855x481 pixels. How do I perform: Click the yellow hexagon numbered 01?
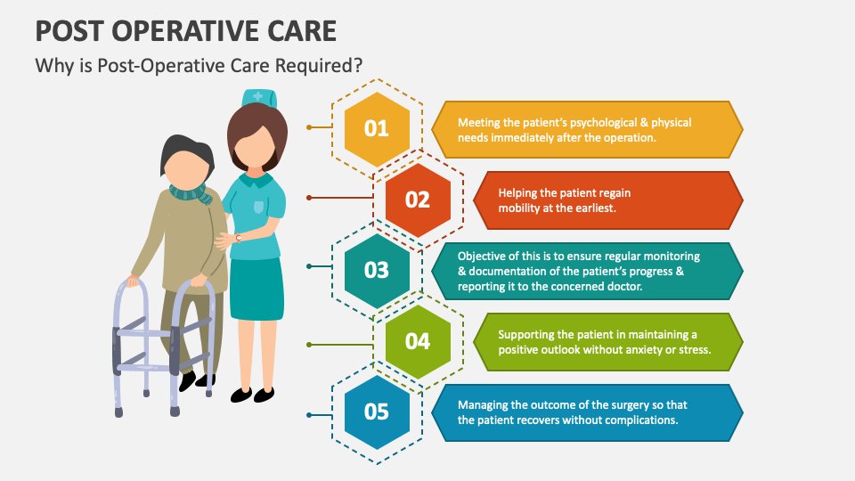[377, 128]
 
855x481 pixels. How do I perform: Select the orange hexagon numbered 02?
[418, 200]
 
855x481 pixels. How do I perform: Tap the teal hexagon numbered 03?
[377, 270]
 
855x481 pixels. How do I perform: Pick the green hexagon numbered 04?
[418, 341]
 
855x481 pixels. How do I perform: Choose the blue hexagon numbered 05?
[377, 412]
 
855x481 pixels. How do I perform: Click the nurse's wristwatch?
[239, 238]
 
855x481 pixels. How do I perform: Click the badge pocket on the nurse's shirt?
[259, 207]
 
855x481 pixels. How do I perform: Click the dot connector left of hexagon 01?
[309, 127]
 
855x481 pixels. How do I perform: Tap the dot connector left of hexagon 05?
[309, 415]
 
